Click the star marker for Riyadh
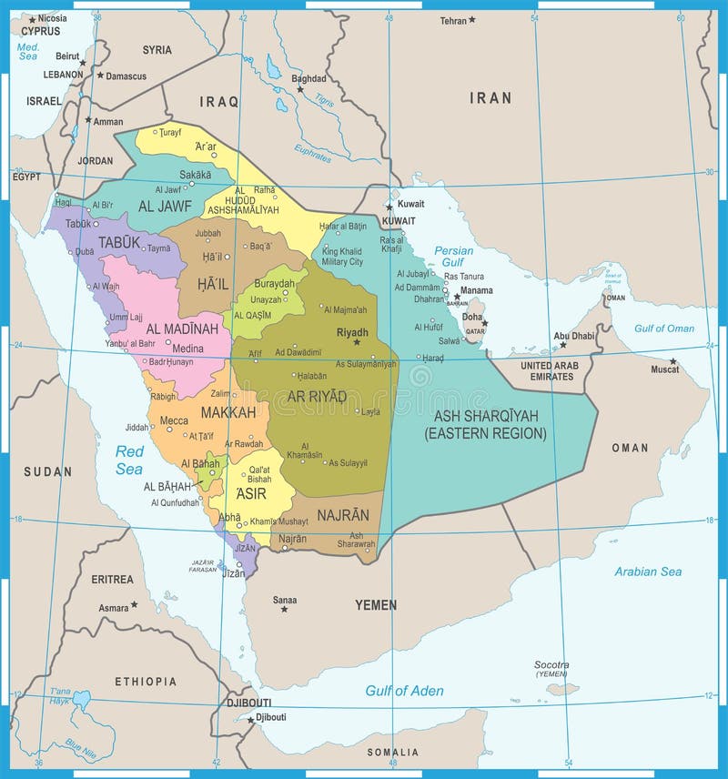357,342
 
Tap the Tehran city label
452,20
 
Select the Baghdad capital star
298,89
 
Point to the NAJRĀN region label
343,515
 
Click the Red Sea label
129,460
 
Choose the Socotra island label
551,665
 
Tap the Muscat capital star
672,361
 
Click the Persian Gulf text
453,256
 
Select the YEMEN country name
376,604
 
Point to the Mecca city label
174,420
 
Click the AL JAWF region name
165,207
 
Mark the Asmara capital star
134,603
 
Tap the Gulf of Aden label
404,691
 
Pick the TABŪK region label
120,242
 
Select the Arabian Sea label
647,572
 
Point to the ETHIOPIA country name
146,681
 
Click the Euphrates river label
312,153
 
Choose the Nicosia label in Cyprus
52,17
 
